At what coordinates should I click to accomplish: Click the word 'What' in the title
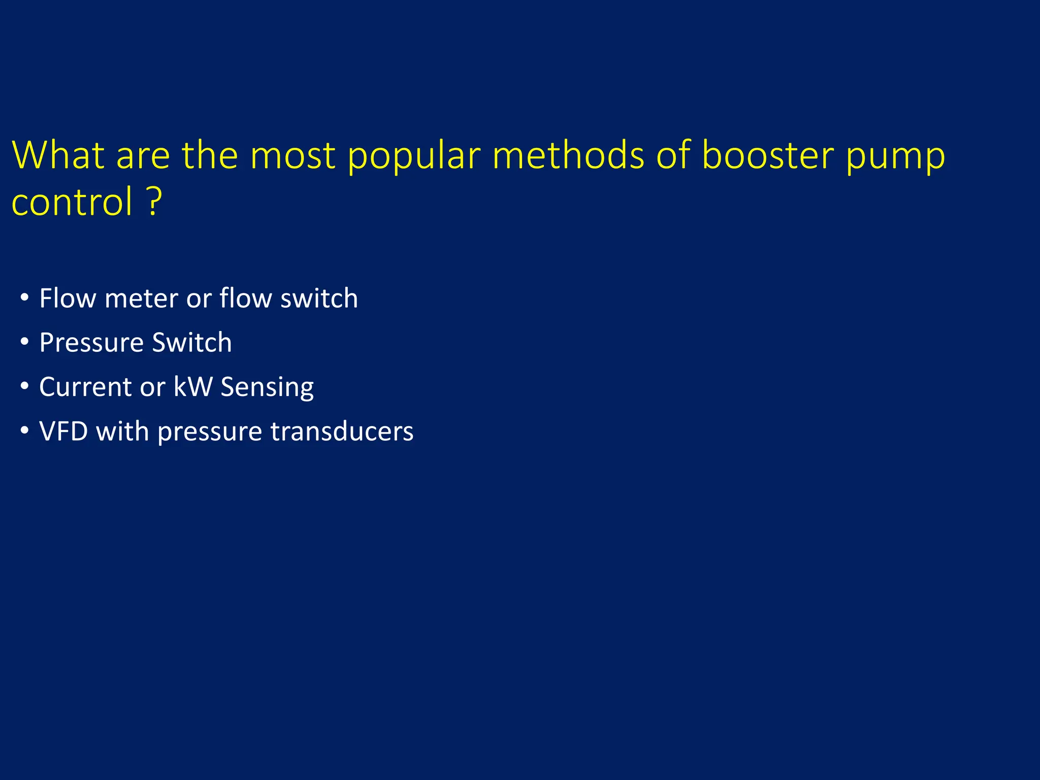(57, 154)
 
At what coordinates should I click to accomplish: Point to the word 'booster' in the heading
(767, 154)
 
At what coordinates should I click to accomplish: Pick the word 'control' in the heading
(72, 202)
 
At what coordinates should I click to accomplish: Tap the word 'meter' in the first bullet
(141, 298)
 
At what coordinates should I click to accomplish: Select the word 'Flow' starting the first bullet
(67, 298)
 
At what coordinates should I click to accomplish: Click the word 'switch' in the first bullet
(319, 298)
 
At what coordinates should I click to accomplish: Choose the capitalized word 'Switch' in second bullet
(192, 342)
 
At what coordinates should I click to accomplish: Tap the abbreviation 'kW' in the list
(192, 387)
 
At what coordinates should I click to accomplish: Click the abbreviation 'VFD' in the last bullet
(63, 431)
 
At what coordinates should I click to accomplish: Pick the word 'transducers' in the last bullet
(342, 431)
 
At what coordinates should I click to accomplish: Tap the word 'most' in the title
(292, 154)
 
